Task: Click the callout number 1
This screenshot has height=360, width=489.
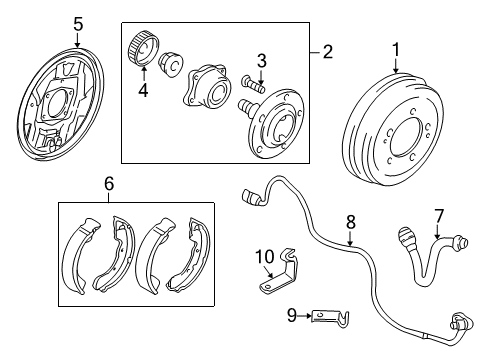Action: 395,48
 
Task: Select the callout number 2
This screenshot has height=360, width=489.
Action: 327,50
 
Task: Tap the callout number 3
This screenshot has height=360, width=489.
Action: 260,62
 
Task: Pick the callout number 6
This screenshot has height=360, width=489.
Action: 110,183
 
